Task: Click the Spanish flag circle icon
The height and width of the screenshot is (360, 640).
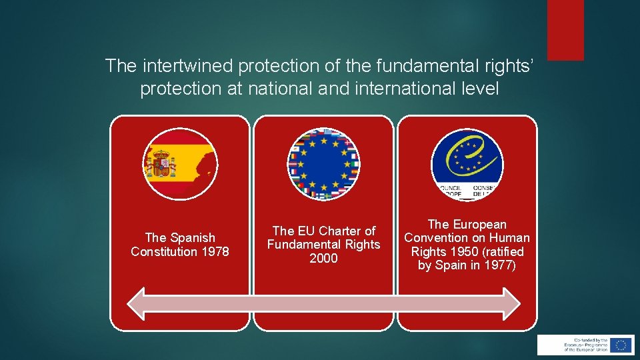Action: (x=180, y=164)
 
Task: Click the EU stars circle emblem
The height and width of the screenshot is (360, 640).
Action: (x=323, y=164)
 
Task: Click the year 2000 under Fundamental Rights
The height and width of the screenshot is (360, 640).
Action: (x=323, y=259)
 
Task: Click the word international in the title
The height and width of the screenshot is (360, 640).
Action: (x=399, y=89)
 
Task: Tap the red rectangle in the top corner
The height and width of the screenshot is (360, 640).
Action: (x=565, y=30)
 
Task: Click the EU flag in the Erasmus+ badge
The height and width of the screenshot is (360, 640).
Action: (x=621, y=345)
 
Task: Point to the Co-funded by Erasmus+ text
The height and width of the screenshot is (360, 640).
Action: (x=576, y=345)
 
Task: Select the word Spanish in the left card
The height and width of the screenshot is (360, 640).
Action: (x=192, y=238)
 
